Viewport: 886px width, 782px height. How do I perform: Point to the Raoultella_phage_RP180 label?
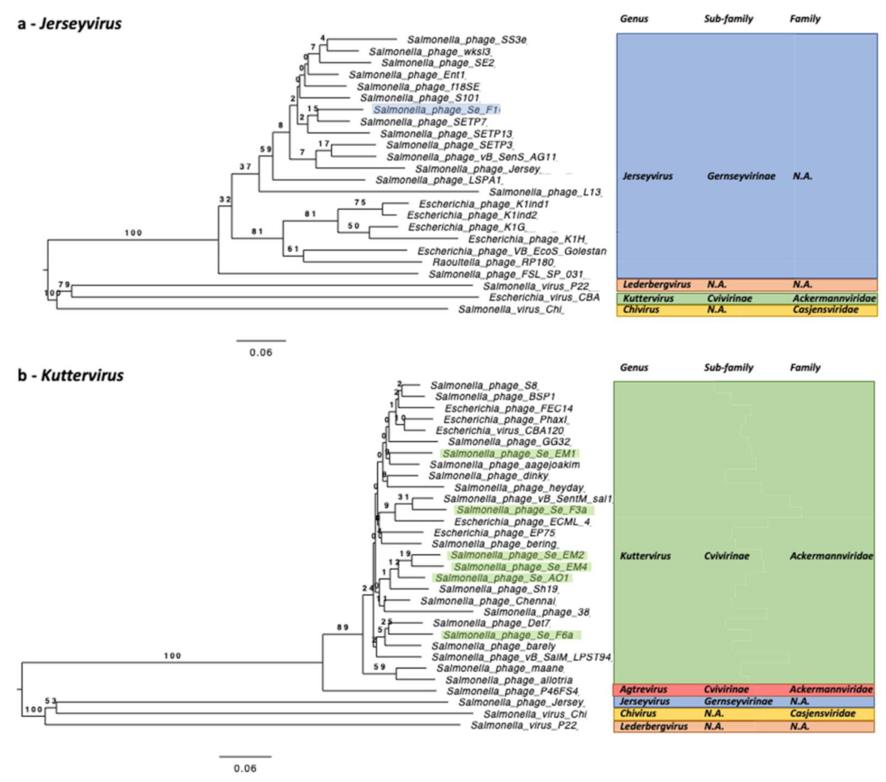click(470, 262)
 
